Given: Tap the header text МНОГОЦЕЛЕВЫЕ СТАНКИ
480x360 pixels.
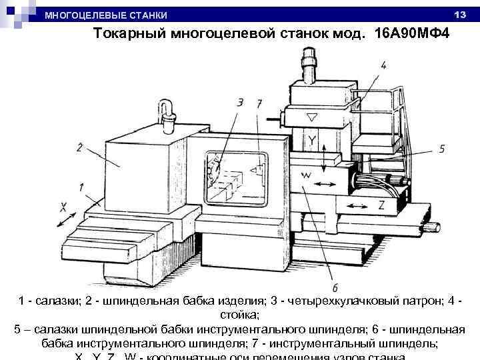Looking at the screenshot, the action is (x=106, y=15).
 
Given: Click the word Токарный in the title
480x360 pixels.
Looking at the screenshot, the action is (x=126, y=35).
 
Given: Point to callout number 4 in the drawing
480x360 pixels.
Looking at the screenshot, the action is (x=385, y=65).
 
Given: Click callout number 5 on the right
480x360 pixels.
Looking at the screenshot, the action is (x=441, y=148).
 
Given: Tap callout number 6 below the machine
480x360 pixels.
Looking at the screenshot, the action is (x=335, y=287).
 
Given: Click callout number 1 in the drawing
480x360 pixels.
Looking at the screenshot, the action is (x=81, y=187).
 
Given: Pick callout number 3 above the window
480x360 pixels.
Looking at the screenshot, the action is (x=239, y=103).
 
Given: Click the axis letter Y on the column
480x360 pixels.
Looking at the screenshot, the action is (x=312, y=140).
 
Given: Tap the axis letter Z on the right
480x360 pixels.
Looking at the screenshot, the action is (x=381, y=206).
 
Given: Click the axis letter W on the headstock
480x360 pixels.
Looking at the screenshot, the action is (x=307, y=175).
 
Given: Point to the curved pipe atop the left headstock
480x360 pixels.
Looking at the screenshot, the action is (x=167, y=110).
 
